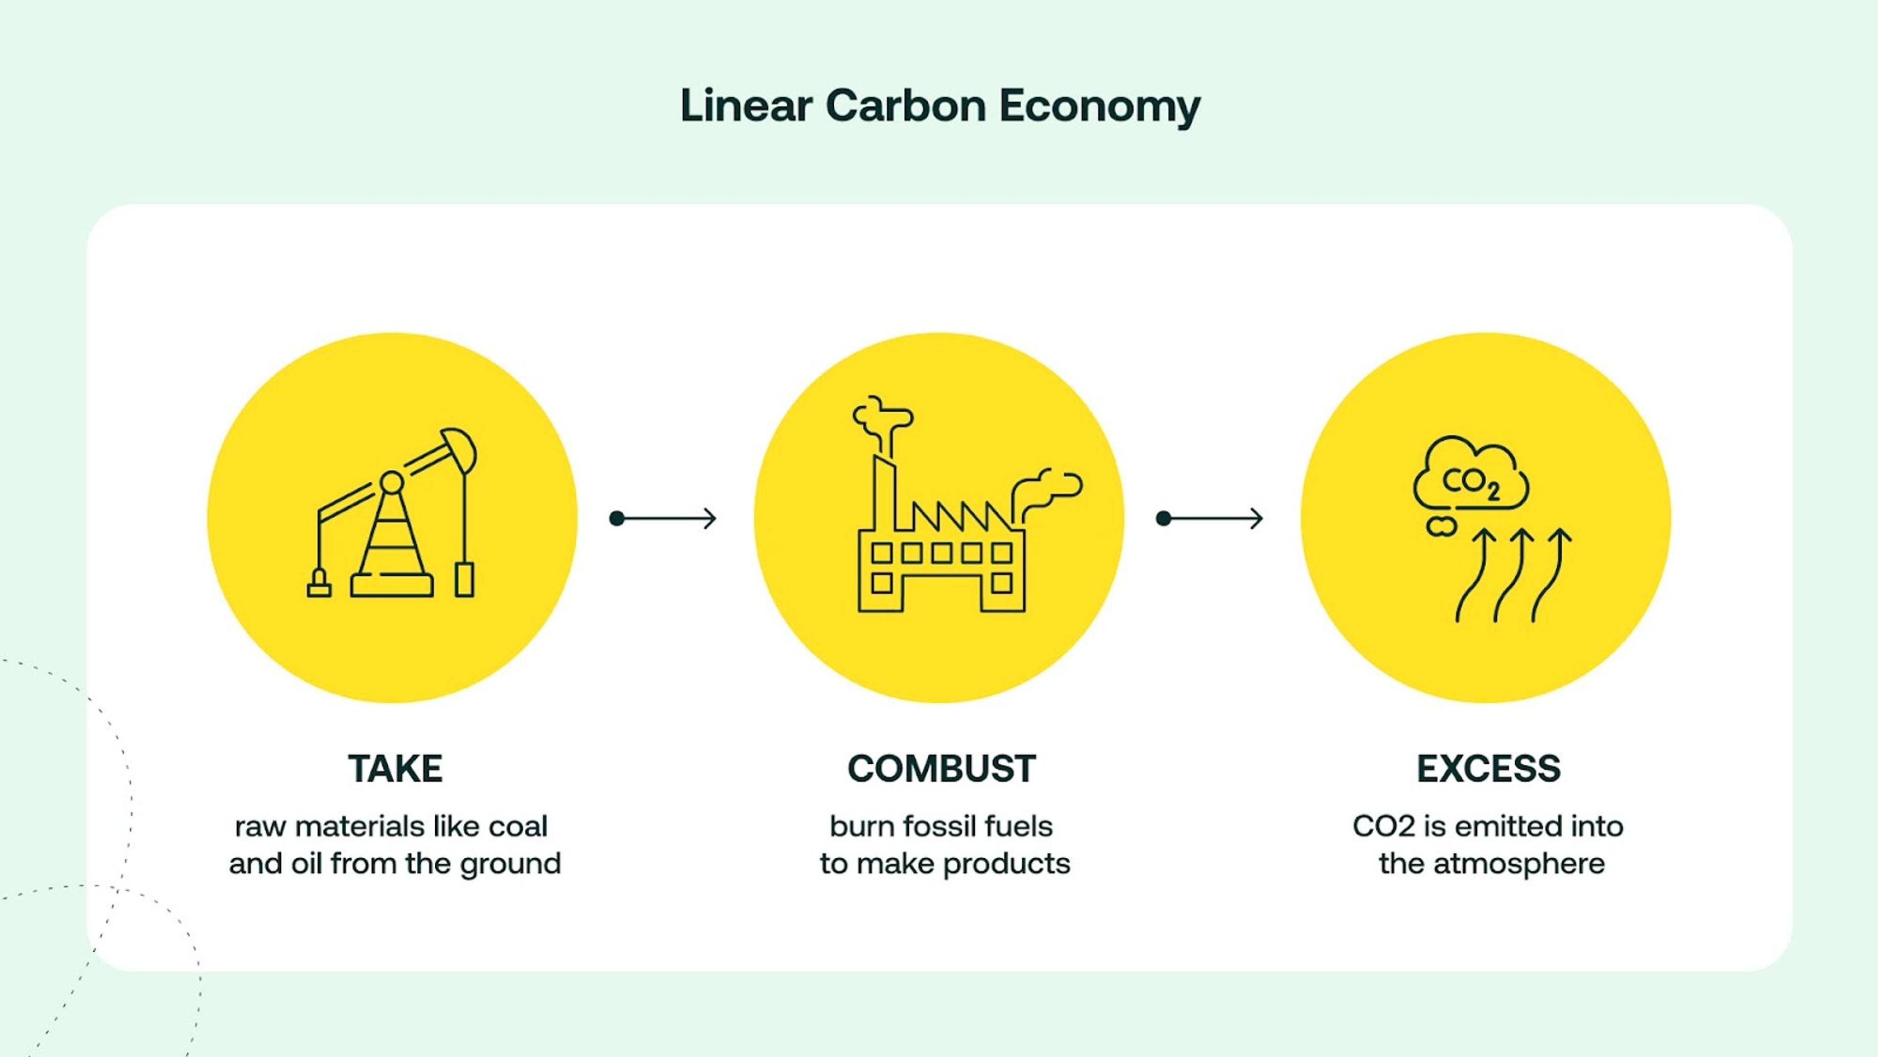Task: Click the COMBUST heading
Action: pyautogui.click(x=941, y=769)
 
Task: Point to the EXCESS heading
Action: pyautogui.click(x=1488, y=769)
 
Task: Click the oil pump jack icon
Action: pyautogui.click(x=392, y=514)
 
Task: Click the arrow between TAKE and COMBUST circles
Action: pyautogui.click(x=664, y=519)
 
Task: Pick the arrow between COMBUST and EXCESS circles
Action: pyautogui.click(x=1210, y=519)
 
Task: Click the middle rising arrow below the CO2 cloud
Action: pyautogui.click(x=1513, y=576)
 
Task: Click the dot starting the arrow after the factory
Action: pyautogui.click(x=1163, y=519)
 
